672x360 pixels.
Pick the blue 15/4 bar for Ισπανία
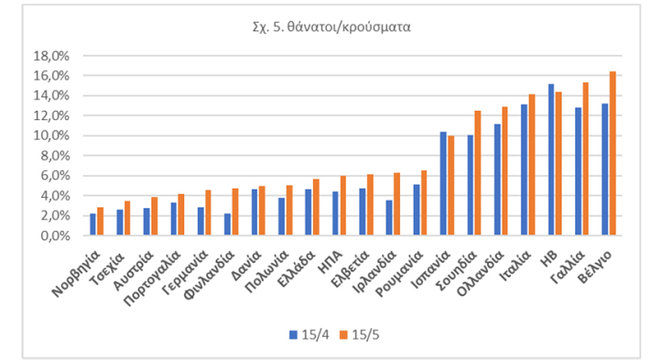click(x=443, y=183)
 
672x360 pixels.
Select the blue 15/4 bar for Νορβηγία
click(x=92, y=224)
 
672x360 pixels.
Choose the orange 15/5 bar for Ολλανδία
click(x=504, y=170)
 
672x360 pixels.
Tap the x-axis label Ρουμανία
click(x=404, y=270)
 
